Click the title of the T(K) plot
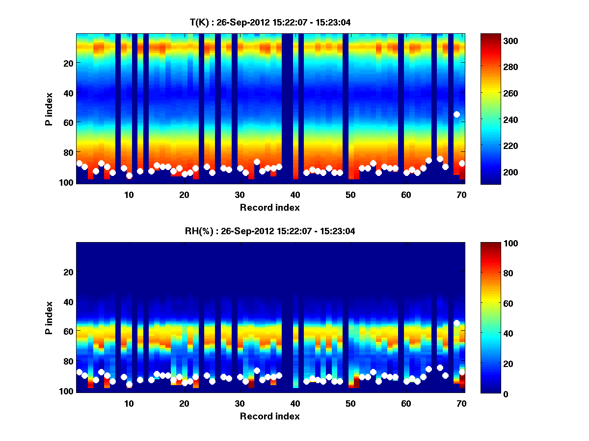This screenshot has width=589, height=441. pyautogui.click(x=270, y=23)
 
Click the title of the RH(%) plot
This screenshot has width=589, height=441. pyautogui.click(x=270, y=231)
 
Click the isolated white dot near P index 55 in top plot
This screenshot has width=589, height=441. pyautogui.click(x=456, y=114)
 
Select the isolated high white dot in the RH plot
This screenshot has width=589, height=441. pyautogui.click(x=456, y=323)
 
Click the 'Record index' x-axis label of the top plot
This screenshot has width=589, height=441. pyautogui.click(x=270, y=207)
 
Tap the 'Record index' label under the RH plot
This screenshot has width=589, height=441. pyautogui.click(x=270, y=416)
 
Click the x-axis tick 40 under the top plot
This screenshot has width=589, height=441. pyautogui.click(x=295, y=195)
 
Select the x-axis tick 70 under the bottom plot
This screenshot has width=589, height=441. pyautogui.click(x=461, y=403)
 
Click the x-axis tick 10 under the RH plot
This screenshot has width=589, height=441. pyautogui.click(x=129, y=403)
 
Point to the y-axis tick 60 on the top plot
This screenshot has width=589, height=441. pyautogui.click(x=68, y=122)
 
